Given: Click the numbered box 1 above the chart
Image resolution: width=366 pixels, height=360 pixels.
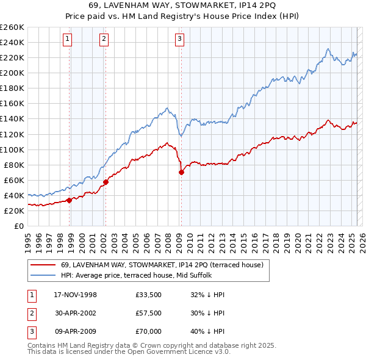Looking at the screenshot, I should click(67, 40).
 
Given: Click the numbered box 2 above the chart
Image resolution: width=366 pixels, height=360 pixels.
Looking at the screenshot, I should click(104, 40).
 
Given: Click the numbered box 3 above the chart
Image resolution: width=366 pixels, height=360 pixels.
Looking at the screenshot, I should click(180, 40).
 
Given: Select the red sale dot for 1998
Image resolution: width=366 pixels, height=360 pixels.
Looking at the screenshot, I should click(70, 200).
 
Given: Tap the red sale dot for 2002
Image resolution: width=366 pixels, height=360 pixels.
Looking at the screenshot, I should click(106, 181).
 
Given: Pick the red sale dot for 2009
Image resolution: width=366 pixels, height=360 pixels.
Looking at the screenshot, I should click(181, 172).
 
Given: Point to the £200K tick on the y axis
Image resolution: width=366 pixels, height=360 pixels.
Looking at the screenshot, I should click(12, 73).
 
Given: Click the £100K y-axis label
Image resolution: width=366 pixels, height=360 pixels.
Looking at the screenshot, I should click(12, 149).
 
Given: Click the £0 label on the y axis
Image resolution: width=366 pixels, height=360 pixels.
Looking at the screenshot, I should click(18, 226).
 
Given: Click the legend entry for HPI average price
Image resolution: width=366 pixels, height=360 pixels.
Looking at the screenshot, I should click(136, 275).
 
